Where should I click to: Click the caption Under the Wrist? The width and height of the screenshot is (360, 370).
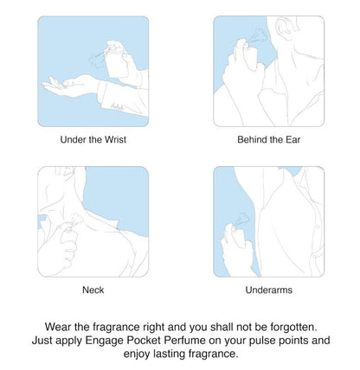pyautogui.click(x=93, y=140)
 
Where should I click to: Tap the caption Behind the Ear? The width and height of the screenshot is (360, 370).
pyautogui.click(x=269, y=140)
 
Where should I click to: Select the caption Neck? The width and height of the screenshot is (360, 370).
pyautogui.click(x=93, y=290)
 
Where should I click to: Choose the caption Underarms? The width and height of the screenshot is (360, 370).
pyautogui.click(x=269, y=290)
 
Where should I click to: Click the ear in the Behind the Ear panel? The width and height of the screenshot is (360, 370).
pyautogui.click(x=283, y=29)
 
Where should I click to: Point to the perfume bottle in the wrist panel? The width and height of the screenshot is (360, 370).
pyautogui.click(x=116, y=64)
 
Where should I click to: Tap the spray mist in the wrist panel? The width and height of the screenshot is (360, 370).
pyautogui.click(x=96, y=60)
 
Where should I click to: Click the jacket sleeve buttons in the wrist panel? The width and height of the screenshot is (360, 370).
pyautogui.click(x=118, y=107)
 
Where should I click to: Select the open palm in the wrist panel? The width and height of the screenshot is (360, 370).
pyautogui.click(x=62, y=84)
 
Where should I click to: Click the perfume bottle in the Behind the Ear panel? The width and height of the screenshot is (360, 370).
pyautogui.click(x=250, y=57)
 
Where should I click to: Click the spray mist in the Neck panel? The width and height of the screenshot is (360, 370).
pyautogui.click(x=75, y=220)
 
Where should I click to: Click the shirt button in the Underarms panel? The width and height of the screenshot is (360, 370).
pyautogui.click(x=318, y=226)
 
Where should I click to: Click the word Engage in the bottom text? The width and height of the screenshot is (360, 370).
pyautogui.click(x=105, y=341)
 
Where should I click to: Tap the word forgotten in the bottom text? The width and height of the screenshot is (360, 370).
pyautogui.click(x=293, y=327)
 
